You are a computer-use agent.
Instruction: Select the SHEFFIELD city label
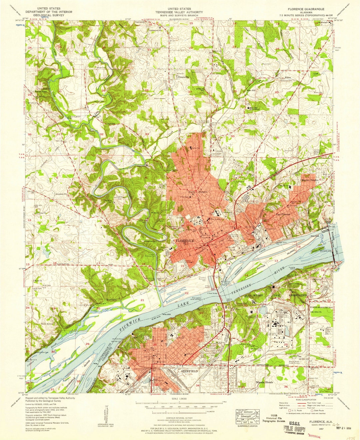point(189,371)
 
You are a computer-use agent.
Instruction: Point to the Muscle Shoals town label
point(264,382)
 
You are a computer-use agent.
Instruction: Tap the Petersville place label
point(183,77)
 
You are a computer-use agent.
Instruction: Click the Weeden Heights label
point(310,180)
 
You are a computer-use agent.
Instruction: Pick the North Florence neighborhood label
point(198,192)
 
